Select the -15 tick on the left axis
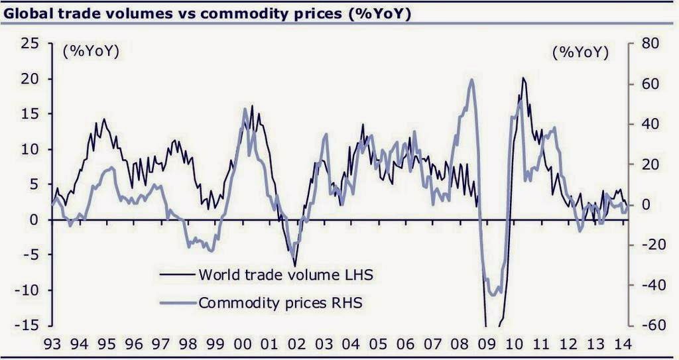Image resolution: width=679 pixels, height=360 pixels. [29, 326]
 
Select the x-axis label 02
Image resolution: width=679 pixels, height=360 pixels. [296, 345]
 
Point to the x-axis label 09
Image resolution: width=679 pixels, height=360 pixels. [487, 345]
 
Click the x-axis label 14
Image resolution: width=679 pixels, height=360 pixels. [623, 345]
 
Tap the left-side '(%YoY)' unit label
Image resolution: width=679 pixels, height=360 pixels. [91, 52]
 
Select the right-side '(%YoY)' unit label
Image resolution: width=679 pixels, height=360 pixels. [581, 52]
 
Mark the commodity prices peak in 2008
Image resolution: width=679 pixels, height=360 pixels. [471, 80]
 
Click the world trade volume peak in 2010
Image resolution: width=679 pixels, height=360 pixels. [523, 78]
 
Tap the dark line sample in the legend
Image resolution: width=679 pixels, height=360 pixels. [176, 273]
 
